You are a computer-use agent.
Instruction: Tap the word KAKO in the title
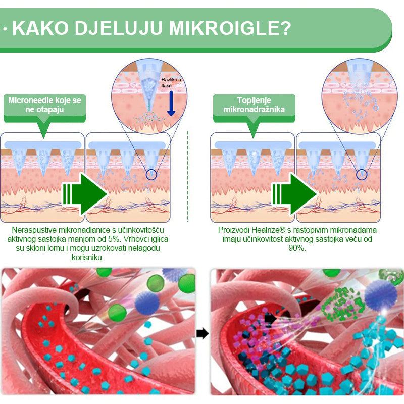tap(40, 28)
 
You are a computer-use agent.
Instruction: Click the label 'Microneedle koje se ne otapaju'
tap(44, 105)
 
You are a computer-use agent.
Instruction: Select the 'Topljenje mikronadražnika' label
tap(254, 105)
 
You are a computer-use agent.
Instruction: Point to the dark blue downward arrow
tap(171, 103)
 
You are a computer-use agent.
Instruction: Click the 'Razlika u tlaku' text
tap(171, 82)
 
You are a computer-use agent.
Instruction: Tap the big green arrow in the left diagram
tap(85, 194)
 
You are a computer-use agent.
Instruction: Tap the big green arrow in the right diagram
tap(295, 194)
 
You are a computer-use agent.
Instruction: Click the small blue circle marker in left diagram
tap(151, 175)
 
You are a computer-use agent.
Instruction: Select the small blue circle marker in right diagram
tap(362, 175)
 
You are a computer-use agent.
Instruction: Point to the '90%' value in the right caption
tap(297, 248)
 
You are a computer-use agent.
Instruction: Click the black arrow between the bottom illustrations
tap(203, 333)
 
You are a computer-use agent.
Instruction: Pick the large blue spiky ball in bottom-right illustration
tap(381, 294)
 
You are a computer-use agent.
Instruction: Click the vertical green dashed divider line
tap(188, 176)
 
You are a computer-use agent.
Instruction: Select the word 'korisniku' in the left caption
tap(87, 258)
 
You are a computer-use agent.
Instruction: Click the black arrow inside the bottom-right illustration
tap(271, 319)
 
